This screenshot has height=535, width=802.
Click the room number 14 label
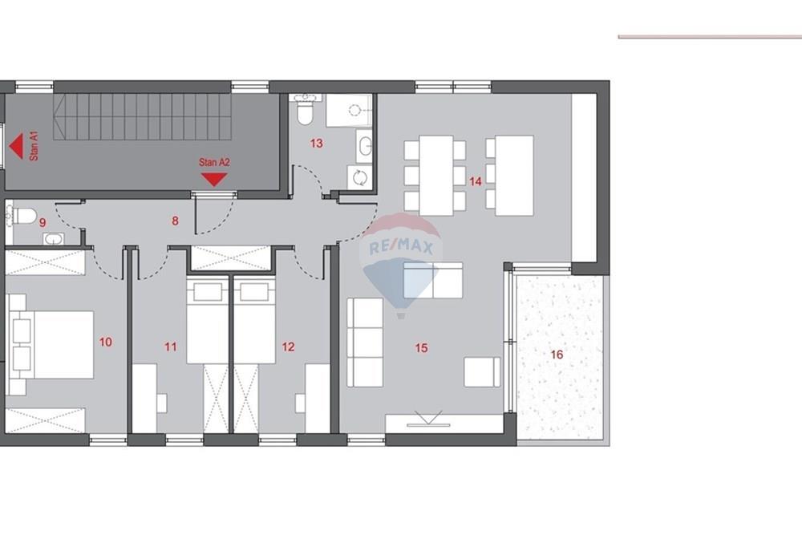[x=476, y=182]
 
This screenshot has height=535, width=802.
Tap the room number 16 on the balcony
[x=557, y=354]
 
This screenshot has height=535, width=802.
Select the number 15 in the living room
[x=422, y=348]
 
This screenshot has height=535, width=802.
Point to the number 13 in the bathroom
[x=316, y=144]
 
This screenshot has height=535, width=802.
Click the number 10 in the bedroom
[x=106, y=342]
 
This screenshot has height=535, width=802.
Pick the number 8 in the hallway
[x=175, y=220]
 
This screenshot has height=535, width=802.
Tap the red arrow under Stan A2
[x=214, y=179]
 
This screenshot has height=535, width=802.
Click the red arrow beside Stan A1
[x=15, y=147]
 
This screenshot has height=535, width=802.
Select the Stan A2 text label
[x=214, y=162]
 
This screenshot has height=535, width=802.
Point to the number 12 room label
[x=289, y=347]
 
